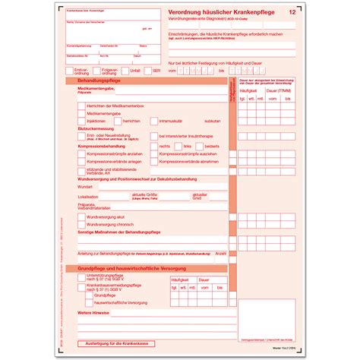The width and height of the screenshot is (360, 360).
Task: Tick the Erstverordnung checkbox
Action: coord(71,70)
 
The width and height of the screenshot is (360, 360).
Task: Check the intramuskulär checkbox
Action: coord(154,120)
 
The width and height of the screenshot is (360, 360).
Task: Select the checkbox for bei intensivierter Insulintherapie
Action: coord(154,135)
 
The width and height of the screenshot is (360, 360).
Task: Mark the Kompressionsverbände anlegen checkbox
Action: coord(81,161)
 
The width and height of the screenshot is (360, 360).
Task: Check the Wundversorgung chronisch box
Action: coord(81,225)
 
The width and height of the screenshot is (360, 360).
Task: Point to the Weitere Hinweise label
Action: coord(93,312)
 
